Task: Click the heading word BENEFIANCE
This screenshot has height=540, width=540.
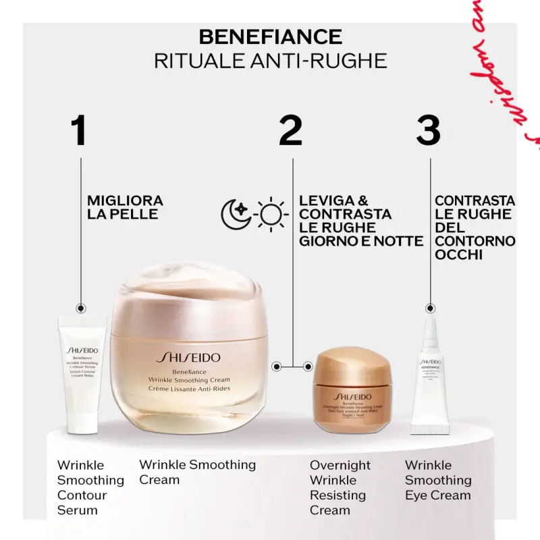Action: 270,36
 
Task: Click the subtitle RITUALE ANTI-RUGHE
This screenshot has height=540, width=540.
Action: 270,61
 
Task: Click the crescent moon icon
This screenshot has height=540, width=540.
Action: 236,214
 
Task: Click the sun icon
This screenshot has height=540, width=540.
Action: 271,214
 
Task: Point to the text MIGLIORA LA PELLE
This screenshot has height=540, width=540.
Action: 125,207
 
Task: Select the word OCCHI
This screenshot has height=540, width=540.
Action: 458,254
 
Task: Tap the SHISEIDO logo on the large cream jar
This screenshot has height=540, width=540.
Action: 188,358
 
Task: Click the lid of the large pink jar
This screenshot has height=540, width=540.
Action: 186,297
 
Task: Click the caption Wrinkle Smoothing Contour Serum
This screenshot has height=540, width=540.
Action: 90,487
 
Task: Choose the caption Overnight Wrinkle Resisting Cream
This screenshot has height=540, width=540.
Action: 340,487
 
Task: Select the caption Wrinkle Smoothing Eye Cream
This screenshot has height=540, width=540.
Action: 437,480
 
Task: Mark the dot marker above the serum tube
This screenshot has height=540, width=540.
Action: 81,307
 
